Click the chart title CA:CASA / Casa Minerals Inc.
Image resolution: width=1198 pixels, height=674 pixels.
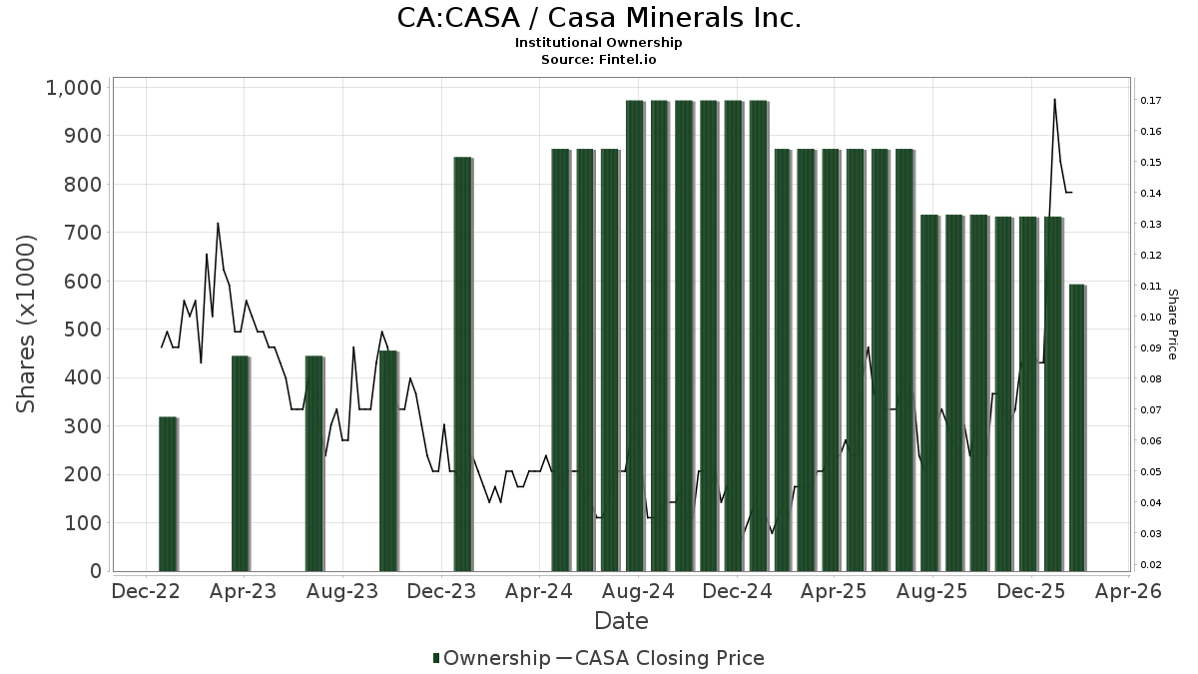[599, 18]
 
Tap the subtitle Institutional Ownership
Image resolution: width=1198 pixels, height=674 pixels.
[599, 43]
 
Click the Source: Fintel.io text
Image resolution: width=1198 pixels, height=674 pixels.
[599, 60]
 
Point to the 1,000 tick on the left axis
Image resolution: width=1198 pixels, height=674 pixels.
[74, 88]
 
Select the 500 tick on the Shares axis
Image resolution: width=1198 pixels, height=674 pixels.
[82, 330]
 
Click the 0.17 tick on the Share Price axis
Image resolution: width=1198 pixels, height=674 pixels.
[1148, 101]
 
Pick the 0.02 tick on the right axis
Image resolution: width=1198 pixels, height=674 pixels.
[1148, 565]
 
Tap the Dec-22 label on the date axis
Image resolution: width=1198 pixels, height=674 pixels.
[147, 591]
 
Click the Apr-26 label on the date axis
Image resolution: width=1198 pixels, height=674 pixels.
[1129, 591]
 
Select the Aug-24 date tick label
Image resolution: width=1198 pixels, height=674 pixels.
[638, 591]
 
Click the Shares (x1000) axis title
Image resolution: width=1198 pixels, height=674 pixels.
[26, 324]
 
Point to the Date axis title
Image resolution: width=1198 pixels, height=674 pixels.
[621, 621]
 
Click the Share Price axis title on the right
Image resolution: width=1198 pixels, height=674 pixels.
[1172, 324]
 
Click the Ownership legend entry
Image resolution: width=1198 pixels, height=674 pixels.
[491, 658]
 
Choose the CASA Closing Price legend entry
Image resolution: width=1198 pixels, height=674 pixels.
[659, 658]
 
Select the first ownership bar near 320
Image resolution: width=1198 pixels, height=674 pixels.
[168, 494]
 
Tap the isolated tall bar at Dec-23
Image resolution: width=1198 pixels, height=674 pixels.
[462, 364]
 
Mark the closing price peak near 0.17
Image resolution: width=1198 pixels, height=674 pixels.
[1054, 99]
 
